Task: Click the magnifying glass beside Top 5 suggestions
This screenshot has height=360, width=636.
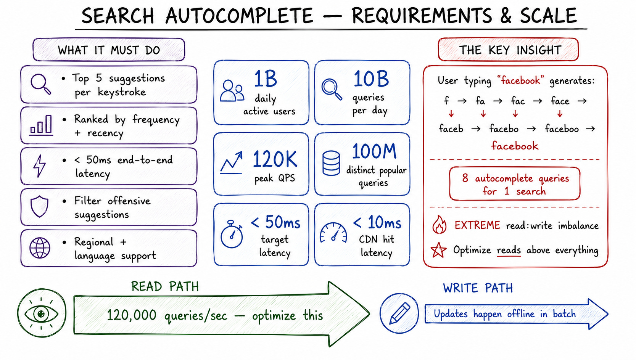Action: tap(40, 84)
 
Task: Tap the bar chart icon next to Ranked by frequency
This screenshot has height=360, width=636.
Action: tap(42, 125)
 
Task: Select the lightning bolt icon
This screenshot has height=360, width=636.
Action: tap(39, 166)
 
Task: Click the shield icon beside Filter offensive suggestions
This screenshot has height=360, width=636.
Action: tap(39, 206)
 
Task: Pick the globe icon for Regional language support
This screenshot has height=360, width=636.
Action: tap(40, 248)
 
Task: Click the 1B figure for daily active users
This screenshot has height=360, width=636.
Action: tap(265, 79)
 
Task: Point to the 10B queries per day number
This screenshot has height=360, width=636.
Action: tap(371, 79)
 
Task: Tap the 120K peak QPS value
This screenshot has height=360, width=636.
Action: tap(275, 159)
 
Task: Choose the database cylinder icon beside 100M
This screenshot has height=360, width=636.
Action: tap(331, 163)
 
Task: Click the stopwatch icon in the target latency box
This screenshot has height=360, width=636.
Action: tap(232, 234)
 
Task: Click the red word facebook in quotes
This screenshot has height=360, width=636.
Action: tap(520, 80)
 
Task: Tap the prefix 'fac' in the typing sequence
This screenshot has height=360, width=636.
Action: tap(518, 101)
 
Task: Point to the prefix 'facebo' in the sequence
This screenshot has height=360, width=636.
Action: tap(504, 129)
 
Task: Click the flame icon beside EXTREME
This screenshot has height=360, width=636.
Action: tap(439, 225)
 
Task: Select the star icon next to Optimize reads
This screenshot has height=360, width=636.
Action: tap(438, 250)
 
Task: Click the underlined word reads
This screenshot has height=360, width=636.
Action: tap(509, 250)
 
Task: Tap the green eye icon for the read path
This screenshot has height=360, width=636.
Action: tap(42, 313)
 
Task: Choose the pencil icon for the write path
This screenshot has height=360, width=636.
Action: tap(399, 313)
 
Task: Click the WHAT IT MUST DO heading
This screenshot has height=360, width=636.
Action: tap(109, 50)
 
